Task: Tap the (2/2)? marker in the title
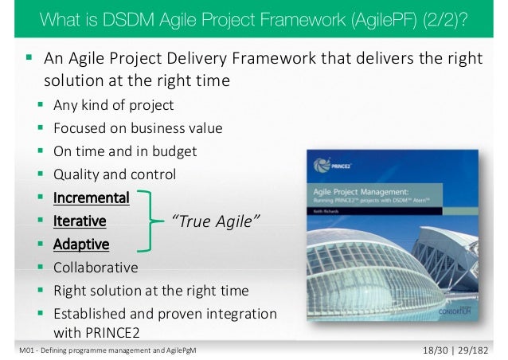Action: pos(440,18)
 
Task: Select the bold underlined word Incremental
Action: pos(91,197)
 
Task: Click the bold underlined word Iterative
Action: pos(80,220)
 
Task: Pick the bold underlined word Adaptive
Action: pos(81,243)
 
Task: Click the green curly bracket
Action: pos(147,220)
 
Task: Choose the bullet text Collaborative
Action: pos(95,267)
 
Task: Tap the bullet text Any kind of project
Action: pos(113,104)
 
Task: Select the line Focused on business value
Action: pos(138,127)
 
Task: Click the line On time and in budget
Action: pos(125,151)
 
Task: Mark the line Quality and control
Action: pos(115,174)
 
